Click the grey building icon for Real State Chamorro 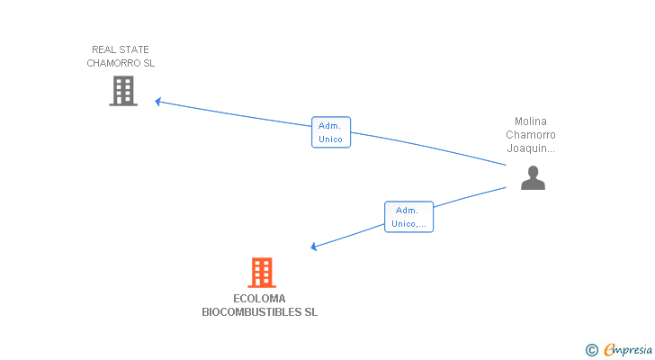[123, 91]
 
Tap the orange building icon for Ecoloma [261, 272]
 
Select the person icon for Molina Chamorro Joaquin [533, 178]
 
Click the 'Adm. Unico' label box [330, 132]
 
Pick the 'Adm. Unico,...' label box [409, 217]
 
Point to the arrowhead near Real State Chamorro [157, 102]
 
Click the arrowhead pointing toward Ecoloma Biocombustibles [313, 247]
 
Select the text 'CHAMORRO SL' [121, 63]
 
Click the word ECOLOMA [259, 299]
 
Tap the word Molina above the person [531, 121]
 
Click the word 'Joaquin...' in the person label [531, 148]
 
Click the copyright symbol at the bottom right [591, 349]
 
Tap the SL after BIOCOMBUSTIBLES [311, 313]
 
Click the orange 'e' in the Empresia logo [608, 349]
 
